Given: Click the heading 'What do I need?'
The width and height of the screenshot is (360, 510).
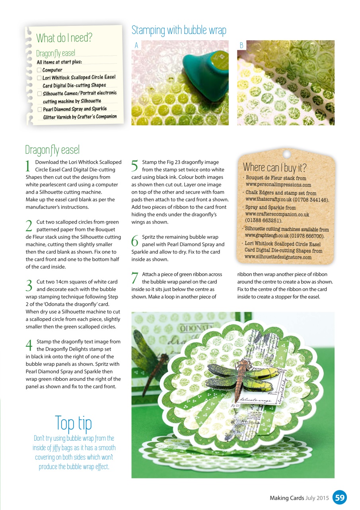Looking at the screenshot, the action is [x=64, y=38].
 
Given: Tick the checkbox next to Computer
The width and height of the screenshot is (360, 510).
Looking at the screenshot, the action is [x=39, y=70].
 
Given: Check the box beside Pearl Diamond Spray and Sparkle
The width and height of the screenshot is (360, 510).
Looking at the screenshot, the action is [x=40, y=109].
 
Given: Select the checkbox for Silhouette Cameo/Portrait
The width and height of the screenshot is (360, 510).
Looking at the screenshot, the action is [x=39, y=94].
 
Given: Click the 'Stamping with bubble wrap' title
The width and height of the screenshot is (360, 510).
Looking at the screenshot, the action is [x=179, y=30].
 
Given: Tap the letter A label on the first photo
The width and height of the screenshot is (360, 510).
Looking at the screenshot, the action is [x=136, y=45].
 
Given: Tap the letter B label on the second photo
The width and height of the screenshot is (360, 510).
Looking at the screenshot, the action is [x=241, y=45].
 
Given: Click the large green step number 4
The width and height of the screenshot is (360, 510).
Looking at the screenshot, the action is [x=29, y=345].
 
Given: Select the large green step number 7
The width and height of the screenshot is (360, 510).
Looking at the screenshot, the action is [x=135, y=278].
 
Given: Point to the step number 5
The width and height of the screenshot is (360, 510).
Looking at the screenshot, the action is [x=134, y=165].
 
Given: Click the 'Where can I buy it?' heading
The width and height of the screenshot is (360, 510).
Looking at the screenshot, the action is [x=275, y=167].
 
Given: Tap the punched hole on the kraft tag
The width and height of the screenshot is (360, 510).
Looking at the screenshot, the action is [x=287, y=154].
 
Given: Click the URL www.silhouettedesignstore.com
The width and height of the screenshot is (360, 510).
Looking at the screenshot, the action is [x=278, y=257].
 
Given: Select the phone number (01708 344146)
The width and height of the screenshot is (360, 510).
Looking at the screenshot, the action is [x=311, y=200].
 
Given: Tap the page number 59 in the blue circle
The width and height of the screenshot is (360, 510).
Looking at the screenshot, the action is [x=340, y=498].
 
